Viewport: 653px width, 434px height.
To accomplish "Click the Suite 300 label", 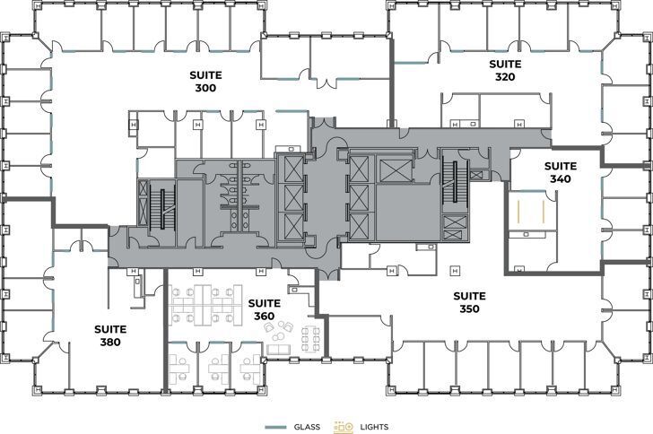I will [205, 82].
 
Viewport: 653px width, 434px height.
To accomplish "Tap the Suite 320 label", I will [505, 70].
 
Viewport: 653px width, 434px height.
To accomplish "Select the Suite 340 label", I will [561, 172].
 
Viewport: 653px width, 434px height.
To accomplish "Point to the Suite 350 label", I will [469, 302].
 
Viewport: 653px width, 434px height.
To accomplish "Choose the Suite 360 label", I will [264, 309].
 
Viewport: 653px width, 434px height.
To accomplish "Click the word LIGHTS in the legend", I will [373, 427].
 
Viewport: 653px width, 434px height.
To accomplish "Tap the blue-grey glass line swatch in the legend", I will [276, 427].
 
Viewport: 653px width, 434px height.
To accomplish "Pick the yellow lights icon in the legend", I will [344, 427].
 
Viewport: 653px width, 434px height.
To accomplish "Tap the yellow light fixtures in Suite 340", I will [531, 211].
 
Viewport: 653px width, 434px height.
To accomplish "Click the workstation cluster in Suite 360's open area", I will [205, 303].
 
